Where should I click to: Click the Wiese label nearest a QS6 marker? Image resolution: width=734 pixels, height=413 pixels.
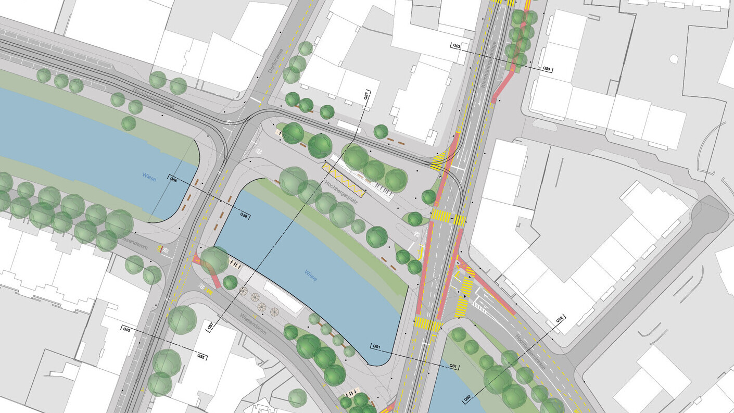click(149, 176)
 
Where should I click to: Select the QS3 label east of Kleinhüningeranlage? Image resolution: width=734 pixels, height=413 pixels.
click(547, 69)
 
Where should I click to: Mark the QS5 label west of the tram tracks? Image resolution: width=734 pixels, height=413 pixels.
click(127, 329)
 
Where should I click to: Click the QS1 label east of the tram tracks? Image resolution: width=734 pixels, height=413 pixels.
click(453, 366)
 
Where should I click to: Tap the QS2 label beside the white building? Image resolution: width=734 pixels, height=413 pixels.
click(560, 319)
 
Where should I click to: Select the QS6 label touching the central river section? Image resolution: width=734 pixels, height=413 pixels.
click(244, 215)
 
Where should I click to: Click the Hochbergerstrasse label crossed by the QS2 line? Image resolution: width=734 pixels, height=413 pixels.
click(526, 346)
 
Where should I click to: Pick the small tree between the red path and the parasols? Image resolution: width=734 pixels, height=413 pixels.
click(230, 283)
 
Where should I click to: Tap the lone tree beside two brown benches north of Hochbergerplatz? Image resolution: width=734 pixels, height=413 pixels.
click(381, 131)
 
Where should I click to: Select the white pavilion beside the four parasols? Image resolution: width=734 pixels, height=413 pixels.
click(284, 297)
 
